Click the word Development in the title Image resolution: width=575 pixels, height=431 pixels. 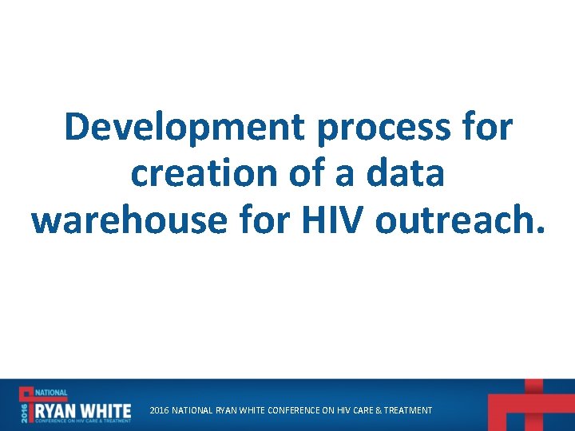[184, 127]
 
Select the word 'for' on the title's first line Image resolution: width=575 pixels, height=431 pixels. [487, 127]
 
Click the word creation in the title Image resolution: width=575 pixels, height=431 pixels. [206, 173]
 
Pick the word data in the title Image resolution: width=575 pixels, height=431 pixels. [408, 173]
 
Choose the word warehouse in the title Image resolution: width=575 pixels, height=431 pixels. [129, 219]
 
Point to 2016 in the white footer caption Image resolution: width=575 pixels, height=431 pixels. [159, 410]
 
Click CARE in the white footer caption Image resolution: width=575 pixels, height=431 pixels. [359, 410]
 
